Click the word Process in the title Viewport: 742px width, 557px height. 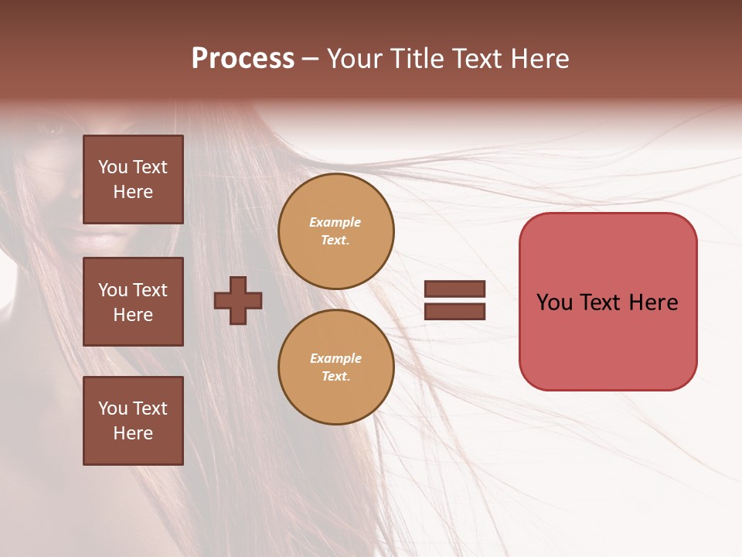tap(243, 59)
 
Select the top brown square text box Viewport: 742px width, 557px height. tap(133, 179)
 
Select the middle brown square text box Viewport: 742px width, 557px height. tap(133, 302)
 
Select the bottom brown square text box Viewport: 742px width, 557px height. tap(133, 421)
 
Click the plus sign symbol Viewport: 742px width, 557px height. tap(238, 300)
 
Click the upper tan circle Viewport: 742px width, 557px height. tap(336, 231)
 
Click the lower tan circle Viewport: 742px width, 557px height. tap(336, 367)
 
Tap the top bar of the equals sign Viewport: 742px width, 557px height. tap(454, 289)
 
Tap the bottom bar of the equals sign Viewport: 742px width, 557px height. tap(454, 311)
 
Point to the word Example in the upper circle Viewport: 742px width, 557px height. tap(335, 222)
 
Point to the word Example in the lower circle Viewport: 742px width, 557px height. tap(335, 358)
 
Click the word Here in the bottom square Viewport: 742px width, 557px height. tap(133, 433)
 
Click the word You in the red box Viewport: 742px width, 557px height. tap(554, 302)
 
